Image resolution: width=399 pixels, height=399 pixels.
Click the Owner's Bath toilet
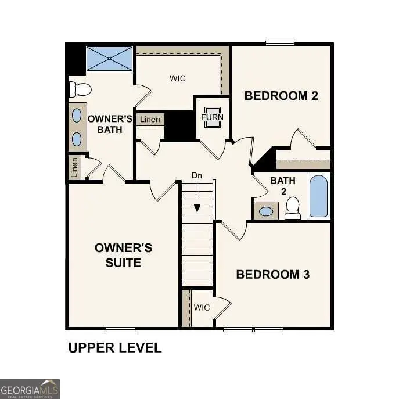coord(80,89)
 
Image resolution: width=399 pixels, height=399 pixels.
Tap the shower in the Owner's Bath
coord(109,59)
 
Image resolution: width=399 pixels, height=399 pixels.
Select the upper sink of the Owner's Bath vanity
coord(77,115)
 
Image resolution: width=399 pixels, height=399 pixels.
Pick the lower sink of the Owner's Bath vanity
coord(77,139)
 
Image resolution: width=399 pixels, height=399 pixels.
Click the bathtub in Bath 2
coord(318,196)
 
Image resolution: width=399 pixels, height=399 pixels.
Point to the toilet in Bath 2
coord(293,208)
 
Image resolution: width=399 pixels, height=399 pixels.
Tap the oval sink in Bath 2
coord(267,211)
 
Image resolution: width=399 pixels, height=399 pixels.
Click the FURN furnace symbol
coord(211,117)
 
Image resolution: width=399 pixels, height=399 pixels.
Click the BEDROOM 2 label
coord(281,96)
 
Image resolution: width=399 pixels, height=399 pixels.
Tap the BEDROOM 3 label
coord(272,274)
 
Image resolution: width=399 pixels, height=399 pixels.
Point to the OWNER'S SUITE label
coord(123,256)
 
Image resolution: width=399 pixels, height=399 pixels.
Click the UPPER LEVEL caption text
coord(115,348)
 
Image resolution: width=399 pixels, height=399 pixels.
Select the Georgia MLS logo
coord(30,389)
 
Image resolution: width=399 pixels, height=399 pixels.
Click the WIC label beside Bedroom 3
coord(202,307)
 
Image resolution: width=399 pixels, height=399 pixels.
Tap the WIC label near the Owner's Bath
coord(178,78)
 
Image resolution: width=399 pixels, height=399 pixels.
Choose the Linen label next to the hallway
coord(150,120)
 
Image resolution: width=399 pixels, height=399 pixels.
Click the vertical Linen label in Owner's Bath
coord(74,168)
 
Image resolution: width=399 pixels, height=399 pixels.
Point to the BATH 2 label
coord(283,186)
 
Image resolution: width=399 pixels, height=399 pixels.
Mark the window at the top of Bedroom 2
coord(280,42)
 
